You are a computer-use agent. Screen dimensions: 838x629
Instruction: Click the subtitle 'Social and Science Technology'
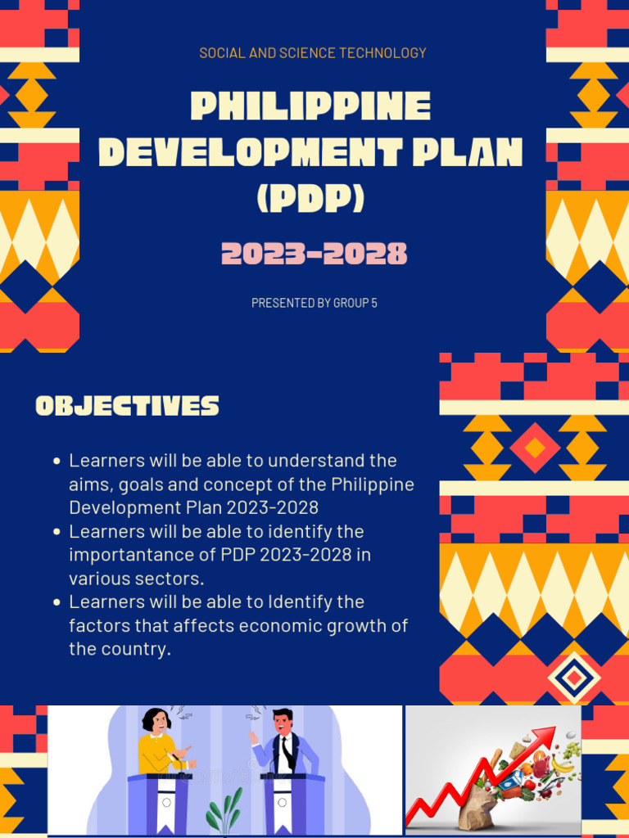[x=313, y=53]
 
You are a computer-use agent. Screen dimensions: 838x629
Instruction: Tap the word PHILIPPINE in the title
[x=310, y=107]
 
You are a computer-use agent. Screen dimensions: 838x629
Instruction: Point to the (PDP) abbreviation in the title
[x=310, y=199]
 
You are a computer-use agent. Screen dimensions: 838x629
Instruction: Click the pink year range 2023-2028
[x=314, y=255]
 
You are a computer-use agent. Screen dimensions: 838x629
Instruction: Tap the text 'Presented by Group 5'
[x=314, y=303]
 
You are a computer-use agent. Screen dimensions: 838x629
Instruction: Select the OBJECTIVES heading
[x=127, y=406]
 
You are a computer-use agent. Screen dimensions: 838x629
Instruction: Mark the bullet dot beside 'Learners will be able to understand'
[x=57, y=462]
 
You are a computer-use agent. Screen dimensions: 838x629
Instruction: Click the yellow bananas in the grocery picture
[x=561, y=765]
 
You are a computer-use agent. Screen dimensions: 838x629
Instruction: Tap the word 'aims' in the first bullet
[x=89, y=484]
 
